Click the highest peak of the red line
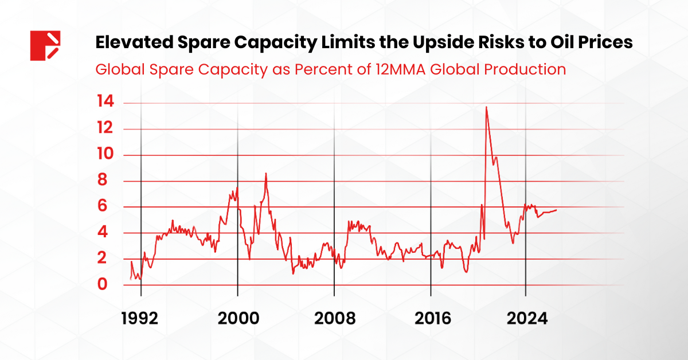tap(486, 107)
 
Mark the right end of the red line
tap(556, 210)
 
